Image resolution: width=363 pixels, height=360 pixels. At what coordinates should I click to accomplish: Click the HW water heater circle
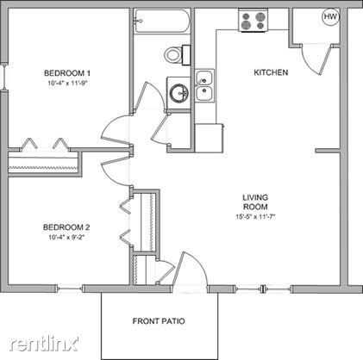[x=330, y=16]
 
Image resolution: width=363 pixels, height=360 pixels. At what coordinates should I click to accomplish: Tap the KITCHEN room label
[x=271, y=72]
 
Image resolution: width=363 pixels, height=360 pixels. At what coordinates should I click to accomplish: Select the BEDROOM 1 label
[x=67, y=73]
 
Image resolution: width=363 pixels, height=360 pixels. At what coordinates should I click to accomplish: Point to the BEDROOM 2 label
[x=66, y=227]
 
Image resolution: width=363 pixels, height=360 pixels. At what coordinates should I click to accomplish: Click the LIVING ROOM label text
[x=255, y=202]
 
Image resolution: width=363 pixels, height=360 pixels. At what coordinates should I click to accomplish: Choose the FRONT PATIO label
[x=159, y=320]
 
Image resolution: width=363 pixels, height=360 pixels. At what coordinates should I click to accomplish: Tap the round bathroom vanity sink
[x=179, y=92]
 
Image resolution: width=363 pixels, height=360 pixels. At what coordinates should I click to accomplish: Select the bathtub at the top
[x=162, y=21]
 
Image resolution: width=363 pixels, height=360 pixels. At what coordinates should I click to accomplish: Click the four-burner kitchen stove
[x=253, y=20]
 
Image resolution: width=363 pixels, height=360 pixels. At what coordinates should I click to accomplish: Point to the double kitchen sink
[x=204, y=85]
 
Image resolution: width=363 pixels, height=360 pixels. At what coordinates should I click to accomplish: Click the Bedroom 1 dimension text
[x=67, y=84]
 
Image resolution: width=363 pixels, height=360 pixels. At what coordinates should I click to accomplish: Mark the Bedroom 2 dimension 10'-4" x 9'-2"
[x=67, y=238]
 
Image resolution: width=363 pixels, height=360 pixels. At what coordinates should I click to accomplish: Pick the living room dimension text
[x=255, y=217]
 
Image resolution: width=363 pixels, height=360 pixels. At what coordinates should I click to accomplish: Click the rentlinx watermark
[x=44, y=343]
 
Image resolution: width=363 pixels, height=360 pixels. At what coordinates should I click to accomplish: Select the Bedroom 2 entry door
[x=115, y=171]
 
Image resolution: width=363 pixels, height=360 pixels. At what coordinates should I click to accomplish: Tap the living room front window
[x=264, y=289]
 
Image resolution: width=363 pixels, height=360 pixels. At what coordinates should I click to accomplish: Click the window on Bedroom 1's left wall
[x=3, y=77]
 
